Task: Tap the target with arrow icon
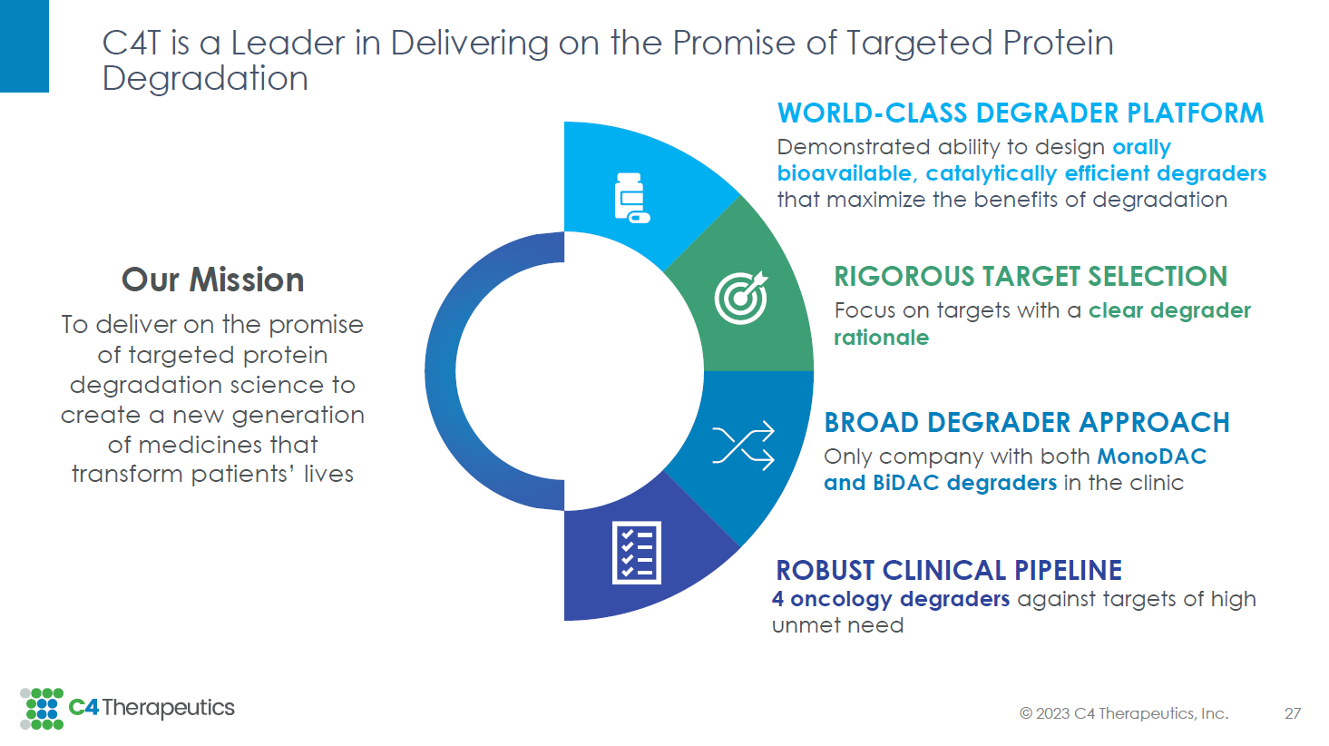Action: pos(741,298)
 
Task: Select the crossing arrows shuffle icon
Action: pos(743,445)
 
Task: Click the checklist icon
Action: pos(636,553)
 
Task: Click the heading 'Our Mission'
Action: pos(212,280)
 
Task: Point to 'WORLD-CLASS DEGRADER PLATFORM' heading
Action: pos(1021,113)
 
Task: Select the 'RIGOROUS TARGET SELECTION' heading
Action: pos(1031,277)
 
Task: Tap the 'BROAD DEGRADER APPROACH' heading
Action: pos(1026,423)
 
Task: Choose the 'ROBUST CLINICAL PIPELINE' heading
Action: pos(949,570)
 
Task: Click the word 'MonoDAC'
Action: pos(1151,456)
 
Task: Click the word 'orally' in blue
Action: pos(1141,147)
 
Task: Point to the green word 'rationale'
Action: pos(881,338)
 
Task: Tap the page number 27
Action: pos(1292,713)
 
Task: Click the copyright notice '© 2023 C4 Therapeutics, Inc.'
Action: pos(1124,713)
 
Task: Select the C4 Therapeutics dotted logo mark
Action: pos(42,709)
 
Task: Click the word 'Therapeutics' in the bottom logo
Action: pos(169,707)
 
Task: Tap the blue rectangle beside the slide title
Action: pos(24,46)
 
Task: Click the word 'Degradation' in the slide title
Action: pos(205,79)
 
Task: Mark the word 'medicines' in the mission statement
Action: pos(195,445)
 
